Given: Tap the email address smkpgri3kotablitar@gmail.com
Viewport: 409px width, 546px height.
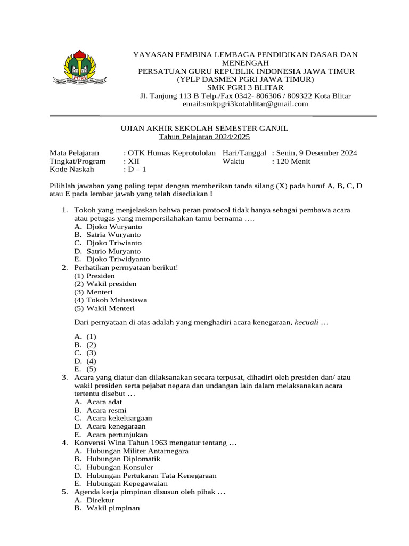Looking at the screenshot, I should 246,104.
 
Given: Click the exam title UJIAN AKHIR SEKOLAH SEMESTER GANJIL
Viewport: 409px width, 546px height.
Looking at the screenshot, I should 202,129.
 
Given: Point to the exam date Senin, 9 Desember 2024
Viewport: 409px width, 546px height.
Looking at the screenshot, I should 317,153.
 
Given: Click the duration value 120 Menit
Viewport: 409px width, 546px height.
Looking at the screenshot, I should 293,161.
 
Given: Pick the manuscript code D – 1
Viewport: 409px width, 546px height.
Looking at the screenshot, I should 136,170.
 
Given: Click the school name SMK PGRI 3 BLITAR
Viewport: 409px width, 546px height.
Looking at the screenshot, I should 246,87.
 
